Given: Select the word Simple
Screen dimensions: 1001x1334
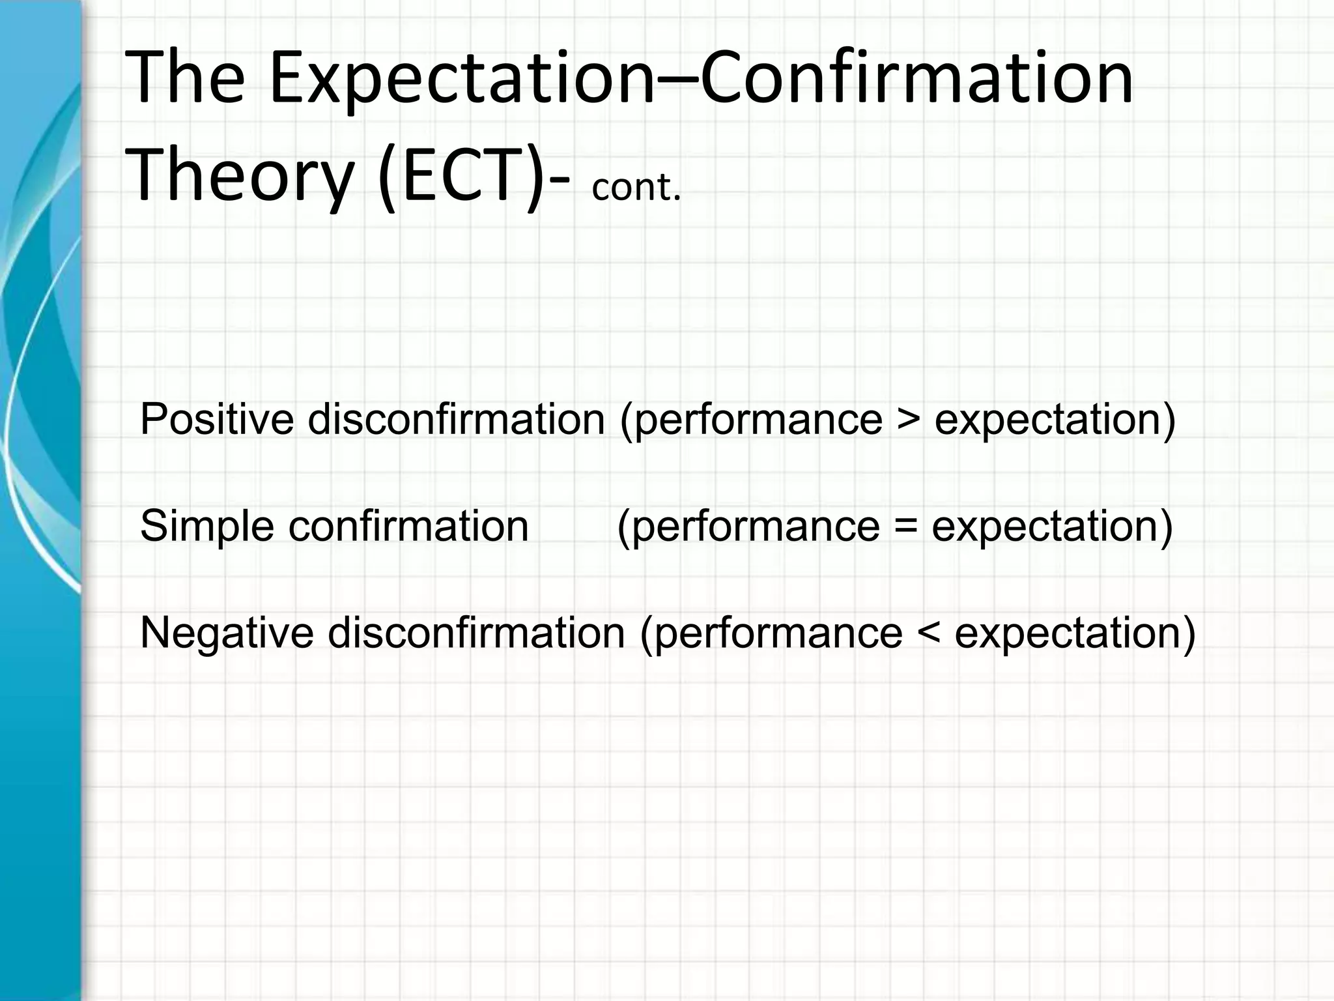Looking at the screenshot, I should pos(207,526).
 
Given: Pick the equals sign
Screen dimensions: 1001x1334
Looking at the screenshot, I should pos(905,527).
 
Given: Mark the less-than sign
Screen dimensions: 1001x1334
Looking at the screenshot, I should pos(928,633).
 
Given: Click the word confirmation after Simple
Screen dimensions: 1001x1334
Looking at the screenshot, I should pos(408,526).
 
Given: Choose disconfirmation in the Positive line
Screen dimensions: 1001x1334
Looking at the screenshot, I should pos(456,419).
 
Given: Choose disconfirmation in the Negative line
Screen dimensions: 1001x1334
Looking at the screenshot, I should pos(476,633).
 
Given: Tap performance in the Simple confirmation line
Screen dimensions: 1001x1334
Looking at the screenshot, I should pos(756,527).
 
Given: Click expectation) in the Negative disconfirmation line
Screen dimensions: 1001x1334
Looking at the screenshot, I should pos(1075,633).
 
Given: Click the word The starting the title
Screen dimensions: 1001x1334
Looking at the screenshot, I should pos(184,80).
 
